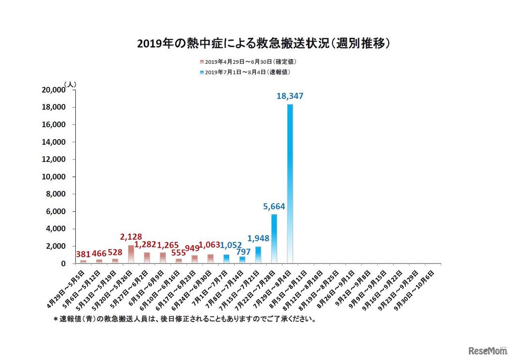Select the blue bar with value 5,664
[x=274, y=239]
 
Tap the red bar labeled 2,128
[x=131, y=254]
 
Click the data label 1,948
[x=258, y=239]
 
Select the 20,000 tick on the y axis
[x=53, y=90]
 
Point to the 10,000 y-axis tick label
[x=53, y=177]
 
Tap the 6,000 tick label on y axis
[x=55, y=211]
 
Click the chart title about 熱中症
[x=263, y=43]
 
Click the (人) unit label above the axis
[x=70, y=85]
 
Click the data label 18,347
[x=290, y=96]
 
